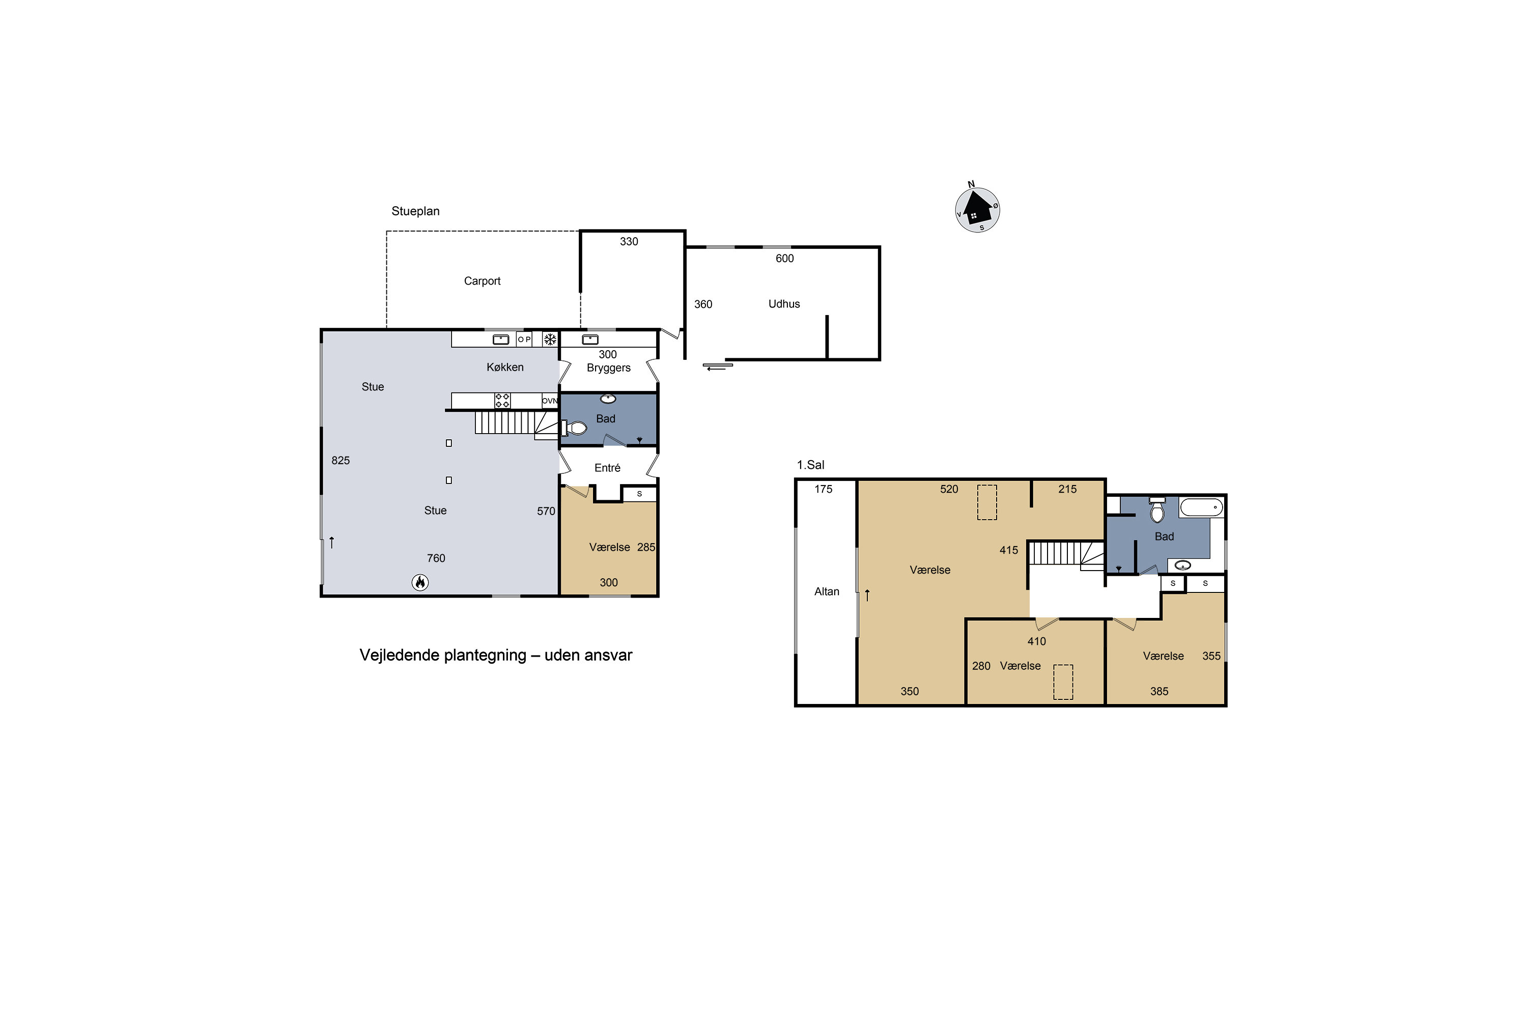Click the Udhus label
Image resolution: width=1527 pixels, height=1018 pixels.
point(784,304)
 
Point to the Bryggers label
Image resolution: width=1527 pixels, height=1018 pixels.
point(608,368)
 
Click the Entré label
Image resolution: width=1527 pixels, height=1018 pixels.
point(607,468)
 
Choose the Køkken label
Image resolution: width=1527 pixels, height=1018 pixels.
point(504,367)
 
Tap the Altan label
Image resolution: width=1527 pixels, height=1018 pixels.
point(827,591)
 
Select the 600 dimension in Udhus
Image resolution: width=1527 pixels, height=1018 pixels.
point(784,259)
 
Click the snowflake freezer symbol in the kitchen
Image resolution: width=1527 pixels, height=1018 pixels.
point(550,339)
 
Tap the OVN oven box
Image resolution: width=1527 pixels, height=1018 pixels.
point(549,401)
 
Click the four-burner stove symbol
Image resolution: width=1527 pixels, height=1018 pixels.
point(502,401)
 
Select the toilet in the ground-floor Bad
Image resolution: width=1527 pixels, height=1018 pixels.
point(575,428)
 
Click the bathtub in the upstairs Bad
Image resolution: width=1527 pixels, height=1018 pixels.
point(1201,507)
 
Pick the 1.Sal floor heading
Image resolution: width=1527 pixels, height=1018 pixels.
point(810,465)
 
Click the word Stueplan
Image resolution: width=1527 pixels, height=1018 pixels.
point(415,211)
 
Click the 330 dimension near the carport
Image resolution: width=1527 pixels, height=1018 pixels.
point(629,241)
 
